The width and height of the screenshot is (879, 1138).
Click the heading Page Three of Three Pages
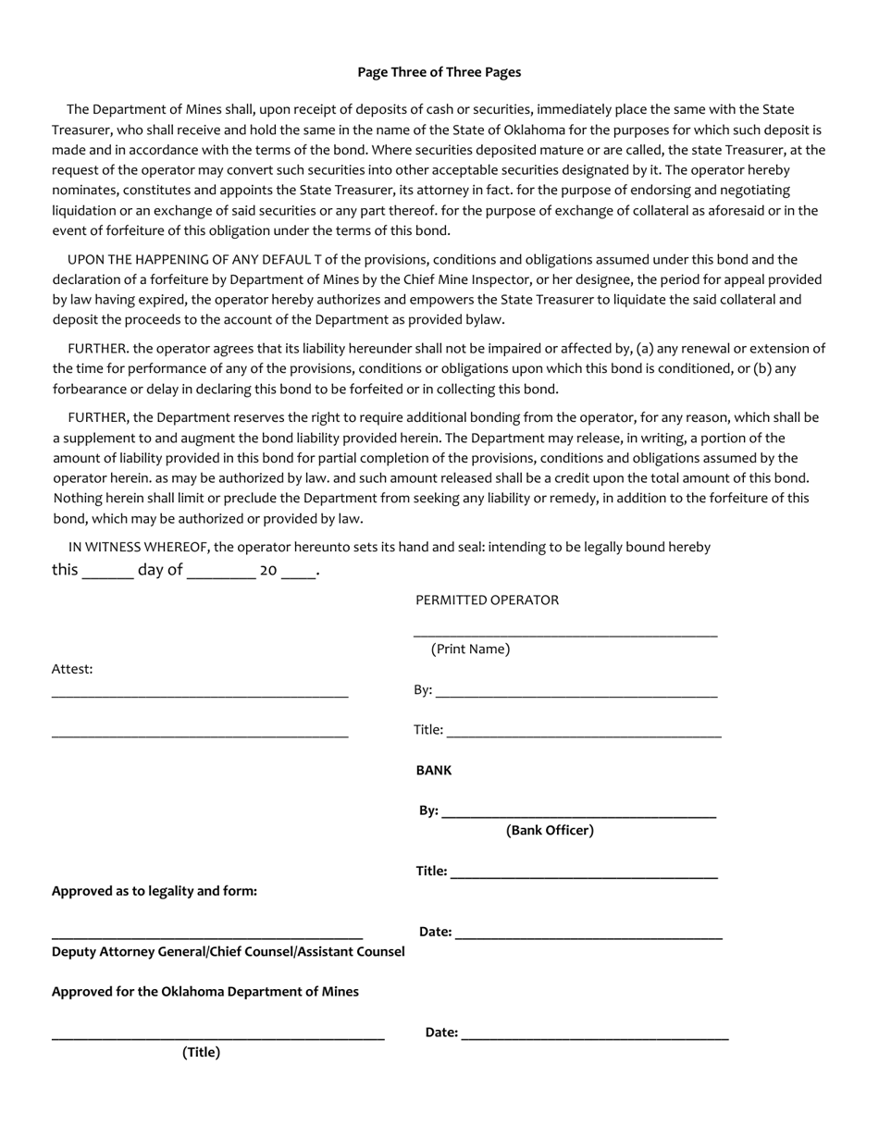(x=439, y=72)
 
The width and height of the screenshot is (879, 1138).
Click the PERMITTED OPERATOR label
(x=487, y=600)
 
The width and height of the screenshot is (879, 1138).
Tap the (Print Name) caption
(x=470, y=649)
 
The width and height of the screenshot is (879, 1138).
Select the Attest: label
(x=72, y=669)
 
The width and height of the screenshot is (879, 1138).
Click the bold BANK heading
(x=434, y=770)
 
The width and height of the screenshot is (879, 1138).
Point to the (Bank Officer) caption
(x=550, y=831)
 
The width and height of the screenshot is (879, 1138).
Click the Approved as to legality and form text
(x=155, y=891)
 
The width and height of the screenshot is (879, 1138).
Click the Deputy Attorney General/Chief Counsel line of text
(x=228, y=952)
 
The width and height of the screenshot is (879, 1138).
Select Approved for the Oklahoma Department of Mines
(x=205, y=992)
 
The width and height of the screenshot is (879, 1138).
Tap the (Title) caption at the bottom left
(x=201, y=1052)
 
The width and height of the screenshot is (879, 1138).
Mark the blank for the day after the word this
(x=107, y=575)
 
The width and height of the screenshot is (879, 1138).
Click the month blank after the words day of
(x=220, y=575)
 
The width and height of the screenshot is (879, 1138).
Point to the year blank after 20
(x=298, y=575)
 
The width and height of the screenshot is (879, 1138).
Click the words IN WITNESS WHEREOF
(x=139, y=547)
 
